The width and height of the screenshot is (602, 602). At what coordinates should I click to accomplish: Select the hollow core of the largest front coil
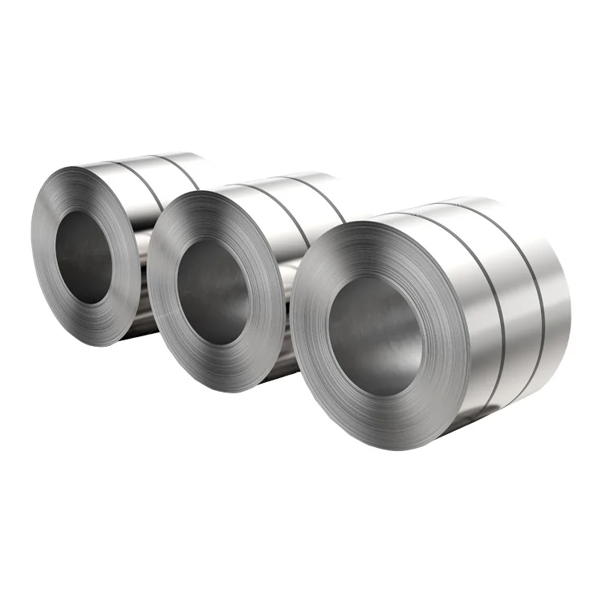tap(374, 337)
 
